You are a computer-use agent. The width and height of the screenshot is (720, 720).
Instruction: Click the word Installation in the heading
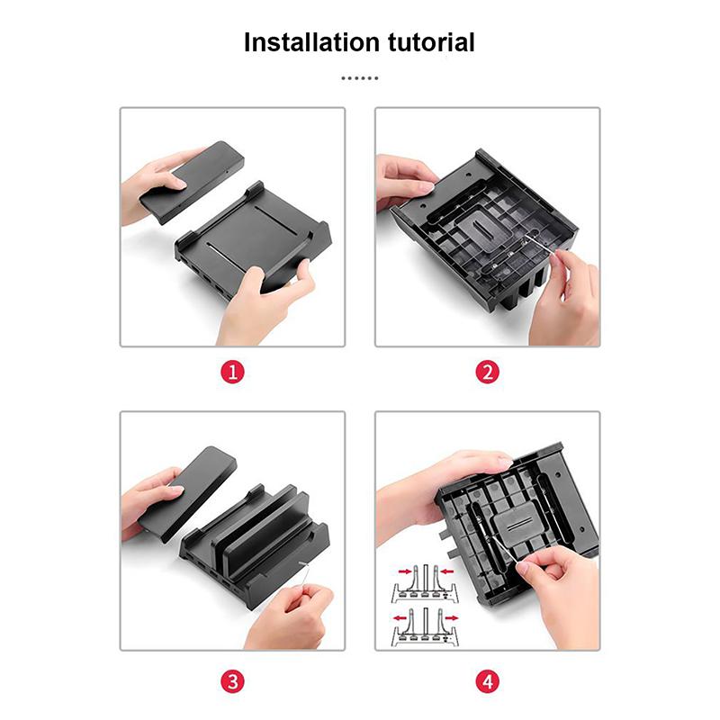click(312, 42)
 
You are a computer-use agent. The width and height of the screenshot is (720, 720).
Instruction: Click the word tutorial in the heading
click(431, 42)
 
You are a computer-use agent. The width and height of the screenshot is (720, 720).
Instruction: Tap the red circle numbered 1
click(232, 372)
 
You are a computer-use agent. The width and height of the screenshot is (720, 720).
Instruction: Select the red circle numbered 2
click(487, 372)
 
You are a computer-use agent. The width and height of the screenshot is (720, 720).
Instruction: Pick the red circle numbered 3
click(232, 681)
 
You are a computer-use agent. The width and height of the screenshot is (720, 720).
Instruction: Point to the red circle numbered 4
click(487, 681)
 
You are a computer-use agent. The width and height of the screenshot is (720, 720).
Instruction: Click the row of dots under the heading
click(359, 78)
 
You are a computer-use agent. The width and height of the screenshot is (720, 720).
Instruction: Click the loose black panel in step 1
click(193, 183)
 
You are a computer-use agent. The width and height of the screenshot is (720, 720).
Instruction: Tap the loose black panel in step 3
click(188, 493)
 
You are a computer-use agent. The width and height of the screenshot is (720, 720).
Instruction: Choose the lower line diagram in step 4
click(426, 626)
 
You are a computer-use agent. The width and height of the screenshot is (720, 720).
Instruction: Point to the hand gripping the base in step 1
click(266, 303)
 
